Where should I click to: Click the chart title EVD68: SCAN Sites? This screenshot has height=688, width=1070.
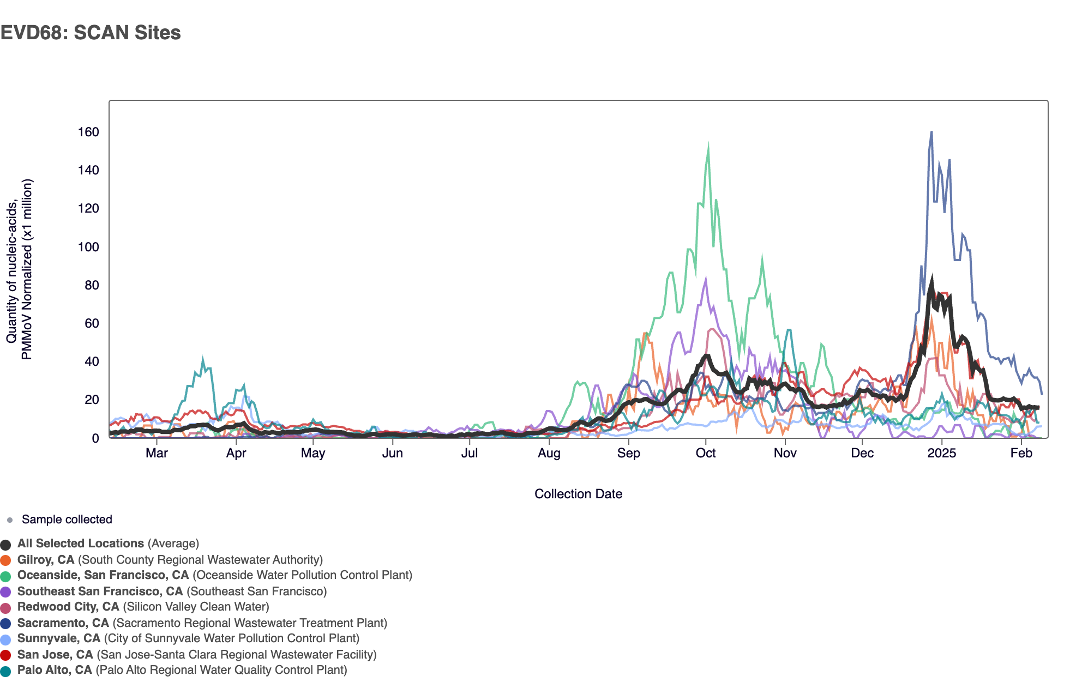tap(91, 33)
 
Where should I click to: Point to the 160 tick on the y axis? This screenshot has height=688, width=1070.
tap(88, 132)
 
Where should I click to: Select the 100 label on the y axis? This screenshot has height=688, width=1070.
tap(88, 247)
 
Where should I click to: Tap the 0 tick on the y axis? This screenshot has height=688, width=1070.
tap(95, 438)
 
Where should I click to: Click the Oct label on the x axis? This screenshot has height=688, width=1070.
tap(706, 453)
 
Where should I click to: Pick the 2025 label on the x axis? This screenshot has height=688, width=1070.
tap(942, 453)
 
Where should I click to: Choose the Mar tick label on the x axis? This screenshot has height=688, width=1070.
tap(157, 453)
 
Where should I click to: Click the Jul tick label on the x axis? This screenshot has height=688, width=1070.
tap(469, 453)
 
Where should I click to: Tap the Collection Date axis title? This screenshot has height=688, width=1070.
tap(578, 494)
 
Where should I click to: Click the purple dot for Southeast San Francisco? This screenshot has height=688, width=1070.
tap(6, 592)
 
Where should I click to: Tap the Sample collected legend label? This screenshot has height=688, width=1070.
tap(67, 520)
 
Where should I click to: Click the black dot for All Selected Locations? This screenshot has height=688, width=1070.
tap(6, 545)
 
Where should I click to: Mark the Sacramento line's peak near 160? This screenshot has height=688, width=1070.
tap(931, 132)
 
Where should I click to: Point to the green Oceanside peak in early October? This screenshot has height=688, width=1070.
tap(708, 146)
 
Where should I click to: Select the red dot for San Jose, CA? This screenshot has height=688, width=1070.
tap(6, 655)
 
